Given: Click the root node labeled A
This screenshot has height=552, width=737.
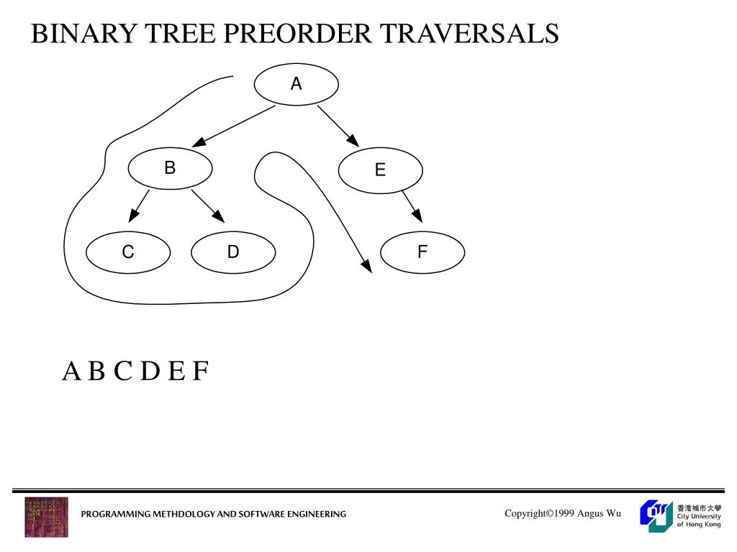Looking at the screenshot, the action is [296, 84].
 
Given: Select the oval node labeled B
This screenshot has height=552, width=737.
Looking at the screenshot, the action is [170, 168].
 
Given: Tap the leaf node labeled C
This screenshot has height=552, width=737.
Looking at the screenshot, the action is [128, 252].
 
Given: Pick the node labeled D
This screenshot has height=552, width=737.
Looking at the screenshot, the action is [233, 252].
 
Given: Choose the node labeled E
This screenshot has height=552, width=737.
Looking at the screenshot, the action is [380, 170].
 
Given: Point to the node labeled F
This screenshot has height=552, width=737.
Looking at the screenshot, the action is [422, 252].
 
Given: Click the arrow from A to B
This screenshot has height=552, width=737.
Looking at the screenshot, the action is [234, 126].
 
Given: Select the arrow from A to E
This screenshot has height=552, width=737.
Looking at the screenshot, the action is [338, 126].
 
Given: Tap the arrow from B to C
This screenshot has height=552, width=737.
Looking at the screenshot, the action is [139, 206].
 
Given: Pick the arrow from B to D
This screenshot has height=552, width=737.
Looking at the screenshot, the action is [208, 206].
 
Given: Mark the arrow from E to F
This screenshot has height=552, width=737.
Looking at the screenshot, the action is [412, 206].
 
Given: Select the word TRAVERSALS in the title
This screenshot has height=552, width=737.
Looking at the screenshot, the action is [469, 33].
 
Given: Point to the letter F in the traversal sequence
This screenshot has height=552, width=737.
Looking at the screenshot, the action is [200, 372].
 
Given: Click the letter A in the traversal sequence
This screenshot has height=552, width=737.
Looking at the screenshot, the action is [71, 372].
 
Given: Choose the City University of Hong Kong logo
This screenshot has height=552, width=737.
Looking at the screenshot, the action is [680, 515].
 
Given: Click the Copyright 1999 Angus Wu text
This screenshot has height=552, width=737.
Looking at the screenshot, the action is [562, 513].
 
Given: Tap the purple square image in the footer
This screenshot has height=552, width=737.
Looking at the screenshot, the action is [47, 517].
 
